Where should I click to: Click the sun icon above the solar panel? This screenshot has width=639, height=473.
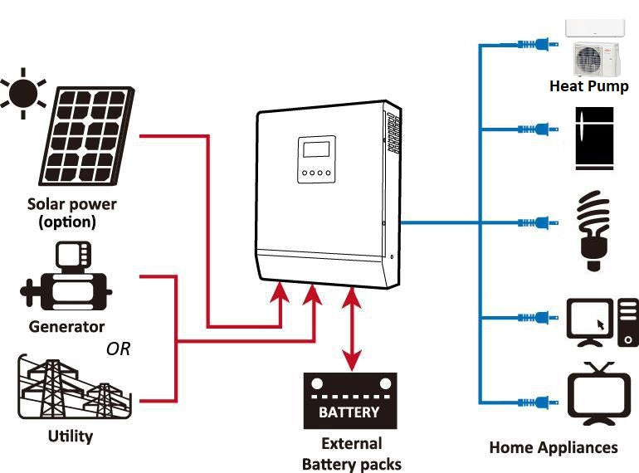coord(23,93)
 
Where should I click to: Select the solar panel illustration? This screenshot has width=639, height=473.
coord(86,135)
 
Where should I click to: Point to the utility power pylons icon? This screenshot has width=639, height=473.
coord(75,387)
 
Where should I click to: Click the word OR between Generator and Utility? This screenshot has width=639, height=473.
coord(118,349)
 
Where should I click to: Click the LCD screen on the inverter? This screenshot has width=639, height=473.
coord(316,149)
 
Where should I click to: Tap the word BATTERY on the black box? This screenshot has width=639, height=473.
coord(349,412)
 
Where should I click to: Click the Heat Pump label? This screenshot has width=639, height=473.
coord(589,86)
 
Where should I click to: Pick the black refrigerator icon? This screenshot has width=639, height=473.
coord(594,139)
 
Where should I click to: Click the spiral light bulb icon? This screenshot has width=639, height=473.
coord(594,231)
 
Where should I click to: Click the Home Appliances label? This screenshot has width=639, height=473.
coord(554,447)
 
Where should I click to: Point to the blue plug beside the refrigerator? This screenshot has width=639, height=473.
coord(538,129)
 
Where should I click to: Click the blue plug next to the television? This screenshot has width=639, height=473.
coord(538,402)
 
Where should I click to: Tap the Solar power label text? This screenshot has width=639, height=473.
coord(71,204)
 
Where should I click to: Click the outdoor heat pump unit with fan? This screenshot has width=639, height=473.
coord(597,59)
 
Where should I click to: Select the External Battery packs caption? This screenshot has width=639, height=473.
coord(352,454)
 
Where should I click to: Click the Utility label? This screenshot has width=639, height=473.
coord(71,436)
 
